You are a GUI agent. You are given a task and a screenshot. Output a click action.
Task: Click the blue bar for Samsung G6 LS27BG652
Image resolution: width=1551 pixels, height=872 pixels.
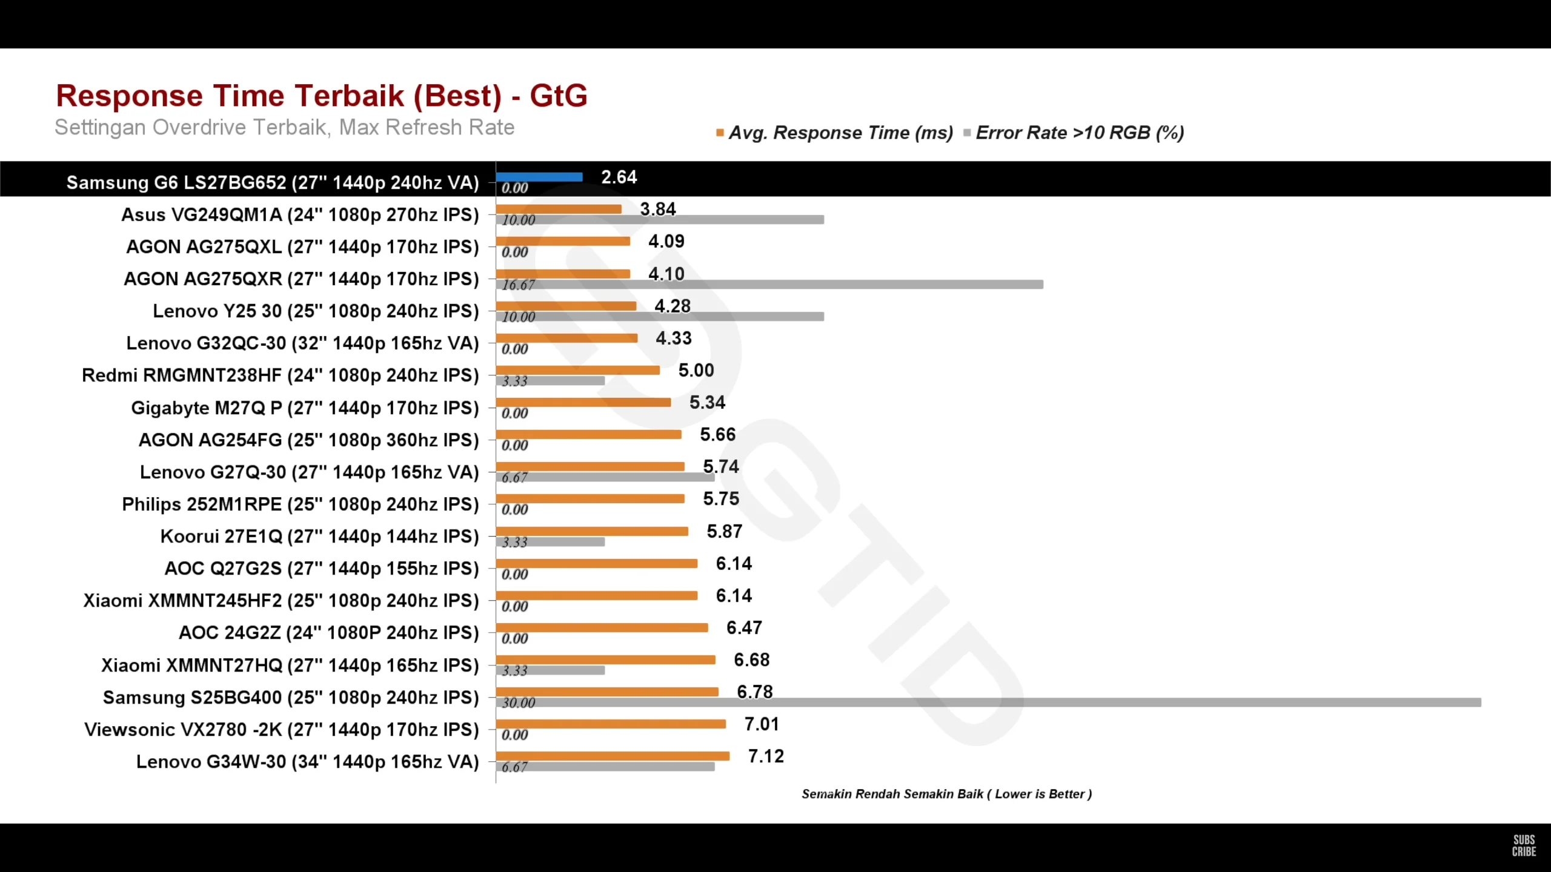coord(539,177)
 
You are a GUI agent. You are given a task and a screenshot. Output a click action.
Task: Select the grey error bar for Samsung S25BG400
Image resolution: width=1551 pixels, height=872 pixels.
coord(988,702)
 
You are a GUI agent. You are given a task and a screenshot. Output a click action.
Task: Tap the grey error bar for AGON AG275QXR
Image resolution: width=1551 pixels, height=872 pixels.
coord(769,285)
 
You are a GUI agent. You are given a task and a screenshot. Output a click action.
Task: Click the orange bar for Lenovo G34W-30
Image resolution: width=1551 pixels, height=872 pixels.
coord(613,756)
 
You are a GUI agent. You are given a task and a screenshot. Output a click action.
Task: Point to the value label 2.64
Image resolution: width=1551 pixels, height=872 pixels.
coord(619,177)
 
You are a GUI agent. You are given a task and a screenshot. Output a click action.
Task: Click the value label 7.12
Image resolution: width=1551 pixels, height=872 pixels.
coord(766,756)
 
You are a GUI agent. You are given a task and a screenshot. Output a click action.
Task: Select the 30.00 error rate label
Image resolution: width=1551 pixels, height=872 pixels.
coord(519,702)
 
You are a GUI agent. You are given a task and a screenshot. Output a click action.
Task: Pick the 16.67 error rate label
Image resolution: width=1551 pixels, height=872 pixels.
coord(519,285)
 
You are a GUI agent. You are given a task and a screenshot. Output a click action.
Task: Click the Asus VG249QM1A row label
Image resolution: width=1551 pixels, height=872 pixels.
coord(300,215)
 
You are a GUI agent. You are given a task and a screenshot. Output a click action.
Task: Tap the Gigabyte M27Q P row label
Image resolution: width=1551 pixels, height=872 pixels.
coord(305,408)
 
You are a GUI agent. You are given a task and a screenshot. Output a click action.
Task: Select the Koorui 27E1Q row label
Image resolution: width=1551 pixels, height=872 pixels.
coord(319,537)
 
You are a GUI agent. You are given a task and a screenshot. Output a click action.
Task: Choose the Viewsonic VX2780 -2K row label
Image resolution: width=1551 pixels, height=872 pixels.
coord(282,730)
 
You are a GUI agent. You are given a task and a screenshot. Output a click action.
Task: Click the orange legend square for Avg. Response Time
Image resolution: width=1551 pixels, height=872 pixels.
coord(720,133)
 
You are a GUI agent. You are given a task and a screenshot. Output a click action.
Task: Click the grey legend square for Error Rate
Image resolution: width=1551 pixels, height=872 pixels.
coord(967,133)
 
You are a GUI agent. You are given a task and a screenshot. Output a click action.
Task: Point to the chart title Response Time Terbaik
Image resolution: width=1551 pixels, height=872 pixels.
coord(322,96)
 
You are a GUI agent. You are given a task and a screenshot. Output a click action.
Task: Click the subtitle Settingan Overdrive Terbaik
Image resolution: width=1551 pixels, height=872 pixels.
coord(284,127)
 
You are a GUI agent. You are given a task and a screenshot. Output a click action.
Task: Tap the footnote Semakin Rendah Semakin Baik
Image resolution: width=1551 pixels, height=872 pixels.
coord(946,794)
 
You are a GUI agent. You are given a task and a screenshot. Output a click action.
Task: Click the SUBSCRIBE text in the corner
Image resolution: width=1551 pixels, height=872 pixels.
coord(1524,845)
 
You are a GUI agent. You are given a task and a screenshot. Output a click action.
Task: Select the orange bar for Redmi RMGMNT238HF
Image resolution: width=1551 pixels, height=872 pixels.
coord(577,370)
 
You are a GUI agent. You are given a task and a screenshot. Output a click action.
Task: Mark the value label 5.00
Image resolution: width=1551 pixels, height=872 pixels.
coord(696,370)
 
